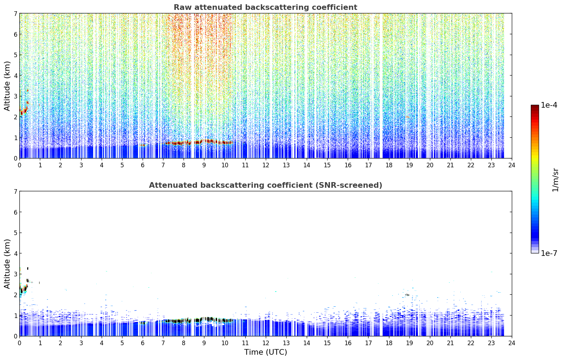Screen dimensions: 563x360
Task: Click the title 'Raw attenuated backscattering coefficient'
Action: coord(265,7)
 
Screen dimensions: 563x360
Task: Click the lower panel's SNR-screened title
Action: coord(265,185)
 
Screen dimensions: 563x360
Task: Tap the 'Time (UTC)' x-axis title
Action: coord(265,352)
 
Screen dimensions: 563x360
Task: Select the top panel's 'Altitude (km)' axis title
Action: coord(7,86)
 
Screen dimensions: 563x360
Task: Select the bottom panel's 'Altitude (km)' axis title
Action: coord(7,264)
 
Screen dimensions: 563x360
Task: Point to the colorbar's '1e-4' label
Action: coord(549,105)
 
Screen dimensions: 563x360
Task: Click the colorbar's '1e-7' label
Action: coord(549,253)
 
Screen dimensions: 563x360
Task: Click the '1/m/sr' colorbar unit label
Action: coord(555,180)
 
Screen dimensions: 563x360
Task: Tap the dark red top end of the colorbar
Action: coord(535,106)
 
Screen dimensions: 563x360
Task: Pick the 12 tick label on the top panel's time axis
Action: coord(266,165)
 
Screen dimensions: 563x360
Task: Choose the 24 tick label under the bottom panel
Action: coord(512,343)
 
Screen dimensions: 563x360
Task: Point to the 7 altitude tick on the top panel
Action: coord(15,13)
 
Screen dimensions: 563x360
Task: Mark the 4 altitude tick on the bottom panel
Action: coord(15,253)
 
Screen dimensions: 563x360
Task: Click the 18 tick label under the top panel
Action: coord(389,165)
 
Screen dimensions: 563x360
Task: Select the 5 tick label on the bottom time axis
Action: coord(122,343)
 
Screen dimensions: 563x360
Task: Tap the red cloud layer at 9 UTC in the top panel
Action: coord(204,142)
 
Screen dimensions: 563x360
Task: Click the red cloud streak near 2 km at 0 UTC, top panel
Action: coord(23,110)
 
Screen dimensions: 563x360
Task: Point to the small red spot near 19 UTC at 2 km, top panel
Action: coord(407,117)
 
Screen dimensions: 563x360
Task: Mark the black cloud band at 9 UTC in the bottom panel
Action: coord(204,319)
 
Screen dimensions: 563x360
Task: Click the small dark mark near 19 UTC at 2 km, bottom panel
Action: coord(407,295)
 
